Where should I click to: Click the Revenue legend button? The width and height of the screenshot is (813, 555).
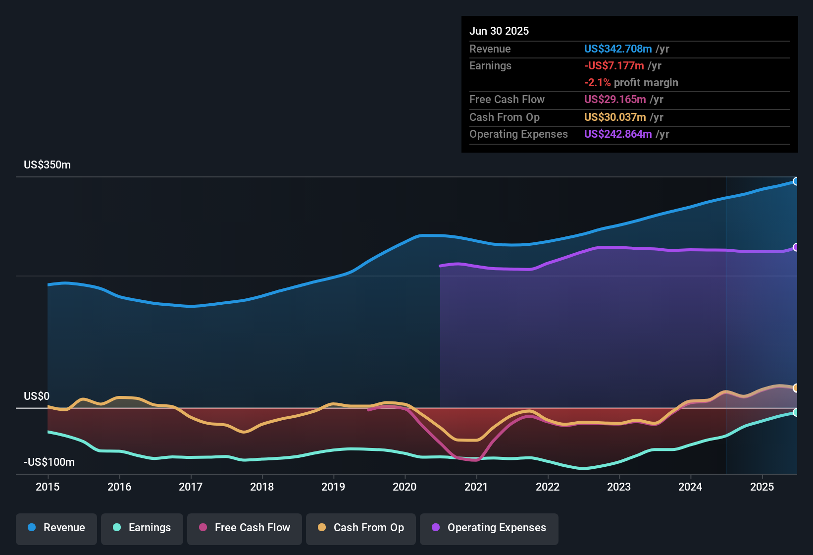point(56,528)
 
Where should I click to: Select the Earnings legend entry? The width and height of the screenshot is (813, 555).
point(142,528)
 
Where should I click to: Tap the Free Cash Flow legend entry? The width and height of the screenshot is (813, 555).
point(245,528)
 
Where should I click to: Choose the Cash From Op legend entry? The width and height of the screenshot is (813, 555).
point(361,528)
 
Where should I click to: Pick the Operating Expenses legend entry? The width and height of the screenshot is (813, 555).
point(489,528)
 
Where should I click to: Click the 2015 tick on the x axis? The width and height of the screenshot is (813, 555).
point(48,487)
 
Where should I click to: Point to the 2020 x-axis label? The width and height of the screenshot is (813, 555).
point(405,487)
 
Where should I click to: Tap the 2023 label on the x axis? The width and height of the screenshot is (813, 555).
point(619,487)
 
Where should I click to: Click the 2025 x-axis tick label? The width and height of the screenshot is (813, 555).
point(762,487)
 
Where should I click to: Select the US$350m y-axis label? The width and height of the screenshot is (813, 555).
point(47,165)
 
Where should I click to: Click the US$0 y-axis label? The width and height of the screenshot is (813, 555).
point(37,396)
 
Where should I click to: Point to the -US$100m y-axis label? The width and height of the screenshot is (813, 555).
point(49,462)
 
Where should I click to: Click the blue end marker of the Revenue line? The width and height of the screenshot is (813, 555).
point(796,181)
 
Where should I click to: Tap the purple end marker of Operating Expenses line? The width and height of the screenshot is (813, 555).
point(796,247)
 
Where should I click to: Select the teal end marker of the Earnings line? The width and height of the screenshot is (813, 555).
point(796,412)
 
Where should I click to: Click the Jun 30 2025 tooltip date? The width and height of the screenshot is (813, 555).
point(499,31)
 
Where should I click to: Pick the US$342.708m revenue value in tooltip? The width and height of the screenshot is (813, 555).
point(617,49)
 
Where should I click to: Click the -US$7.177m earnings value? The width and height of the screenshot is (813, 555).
point(614,66)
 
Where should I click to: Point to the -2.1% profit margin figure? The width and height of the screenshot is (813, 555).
point(597,83)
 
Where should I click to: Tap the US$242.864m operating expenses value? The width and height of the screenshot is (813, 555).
point(617,134)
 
